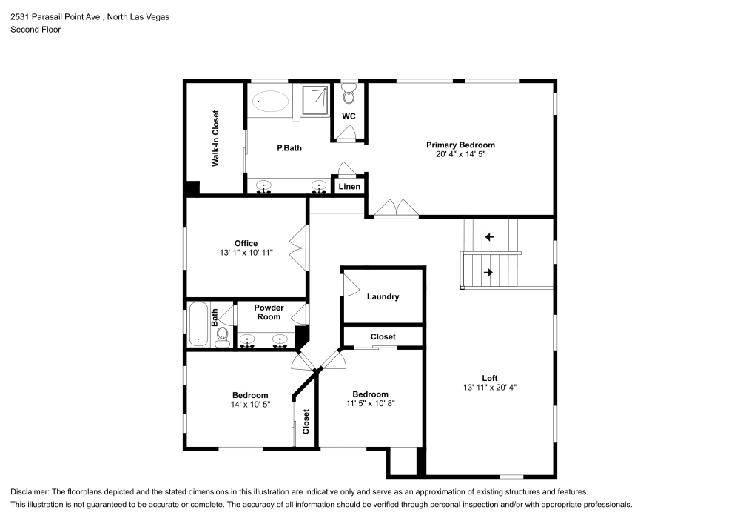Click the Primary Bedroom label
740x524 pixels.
(460, 145)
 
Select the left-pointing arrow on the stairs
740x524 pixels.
(489, 238)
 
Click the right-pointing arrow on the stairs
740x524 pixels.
(488, 272)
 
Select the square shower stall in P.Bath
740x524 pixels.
(318, 99)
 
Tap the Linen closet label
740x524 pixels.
(349, 186)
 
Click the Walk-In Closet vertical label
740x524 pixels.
(215, 139)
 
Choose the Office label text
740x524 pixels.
(246, 243)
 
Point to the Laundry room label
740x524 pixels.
(383, 296)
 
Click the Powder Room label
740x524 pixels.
(269, 312)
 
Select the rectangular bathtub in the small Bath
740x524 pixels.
(198, 324)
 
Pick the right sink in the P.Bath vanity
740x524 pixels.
(319, 186)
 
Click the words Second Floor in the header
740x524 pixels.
(36, 30)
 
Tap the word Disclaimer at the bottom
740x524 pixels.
(30, 492)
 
